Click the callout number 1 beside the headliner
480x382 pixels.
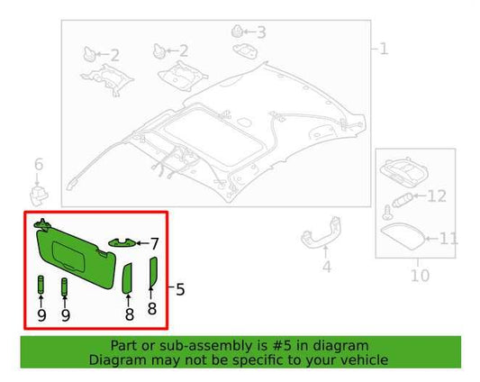pyautogui.click(x=384, y=47)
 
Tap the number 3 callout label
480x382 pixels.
pyautogui.click(x=261, y=33)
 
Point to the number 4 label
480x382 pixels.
pyautogui.click(x=326, y=267)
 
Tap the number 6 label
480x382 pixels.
pyautogui.click(x=38, y=164)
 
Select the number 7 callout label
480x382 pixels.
pyautogui.click(x=154, y=243)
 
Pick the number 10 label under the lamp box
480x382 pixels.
pyautogui.click(x=420, y=274)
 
